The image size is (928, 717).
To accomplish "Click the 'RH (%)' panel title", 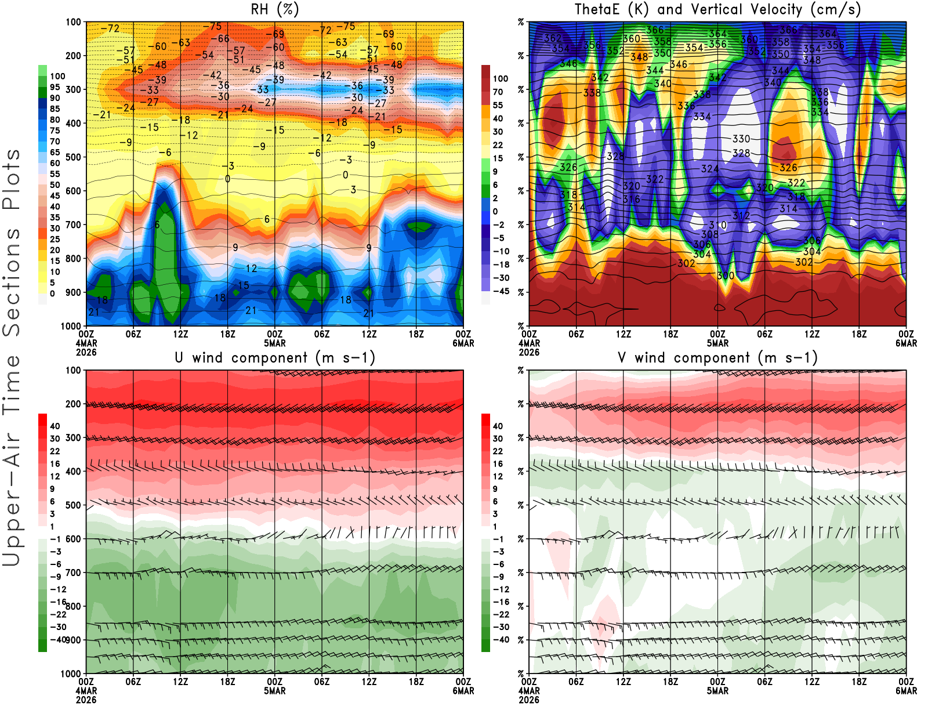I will [x=274, y=9].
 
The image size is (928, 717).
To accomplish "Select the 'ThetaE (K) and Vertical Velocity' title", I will [x=717, y=9].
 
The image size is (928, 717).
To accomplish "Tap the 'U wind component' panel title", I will [x=275, y=357].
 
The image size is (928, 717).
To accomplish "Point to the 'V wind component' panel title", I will [x=717, y=357].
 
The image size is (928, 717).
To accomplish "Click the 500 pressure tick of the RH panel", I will [x=74, y=157].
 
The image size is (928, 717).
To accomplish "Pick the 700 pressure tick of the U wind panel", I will [x=74, y=573].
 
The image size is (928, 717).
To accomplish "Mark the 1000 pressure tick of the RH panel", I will [x=71, y=326].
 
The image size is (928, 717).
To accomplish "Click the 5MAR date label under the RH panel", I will [x=275, y=343].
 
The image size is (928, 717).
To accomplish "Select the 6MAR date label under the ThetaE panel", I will [x=906, y=343].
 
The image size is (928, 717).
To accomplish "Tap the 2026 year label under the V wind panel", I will [x=529, y=700].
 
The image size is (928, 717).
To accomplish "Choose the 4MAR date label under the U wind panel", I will [x=86, y=691].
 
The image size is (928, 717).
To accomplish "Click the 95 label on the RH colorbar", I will [x=55, y=87].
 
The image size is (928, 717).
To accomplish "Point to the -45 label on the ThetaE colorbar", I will [x=501, y=291].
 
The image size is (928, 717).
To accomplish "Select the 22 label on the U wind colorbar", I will [x=55, y=451].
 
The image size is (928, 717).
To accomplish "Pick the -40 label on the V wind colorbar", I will [x=501, y=639].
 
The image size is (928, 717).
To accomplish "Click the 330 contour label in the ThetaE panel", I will [x=741, y=139].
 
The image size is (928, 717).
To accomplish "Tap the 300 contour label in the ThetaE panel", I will [x=726, y=276].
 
